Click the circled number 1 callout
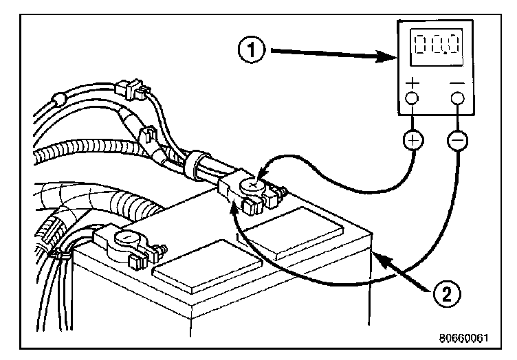pos(255,50)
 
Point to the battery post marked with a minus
pos(126,238)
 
